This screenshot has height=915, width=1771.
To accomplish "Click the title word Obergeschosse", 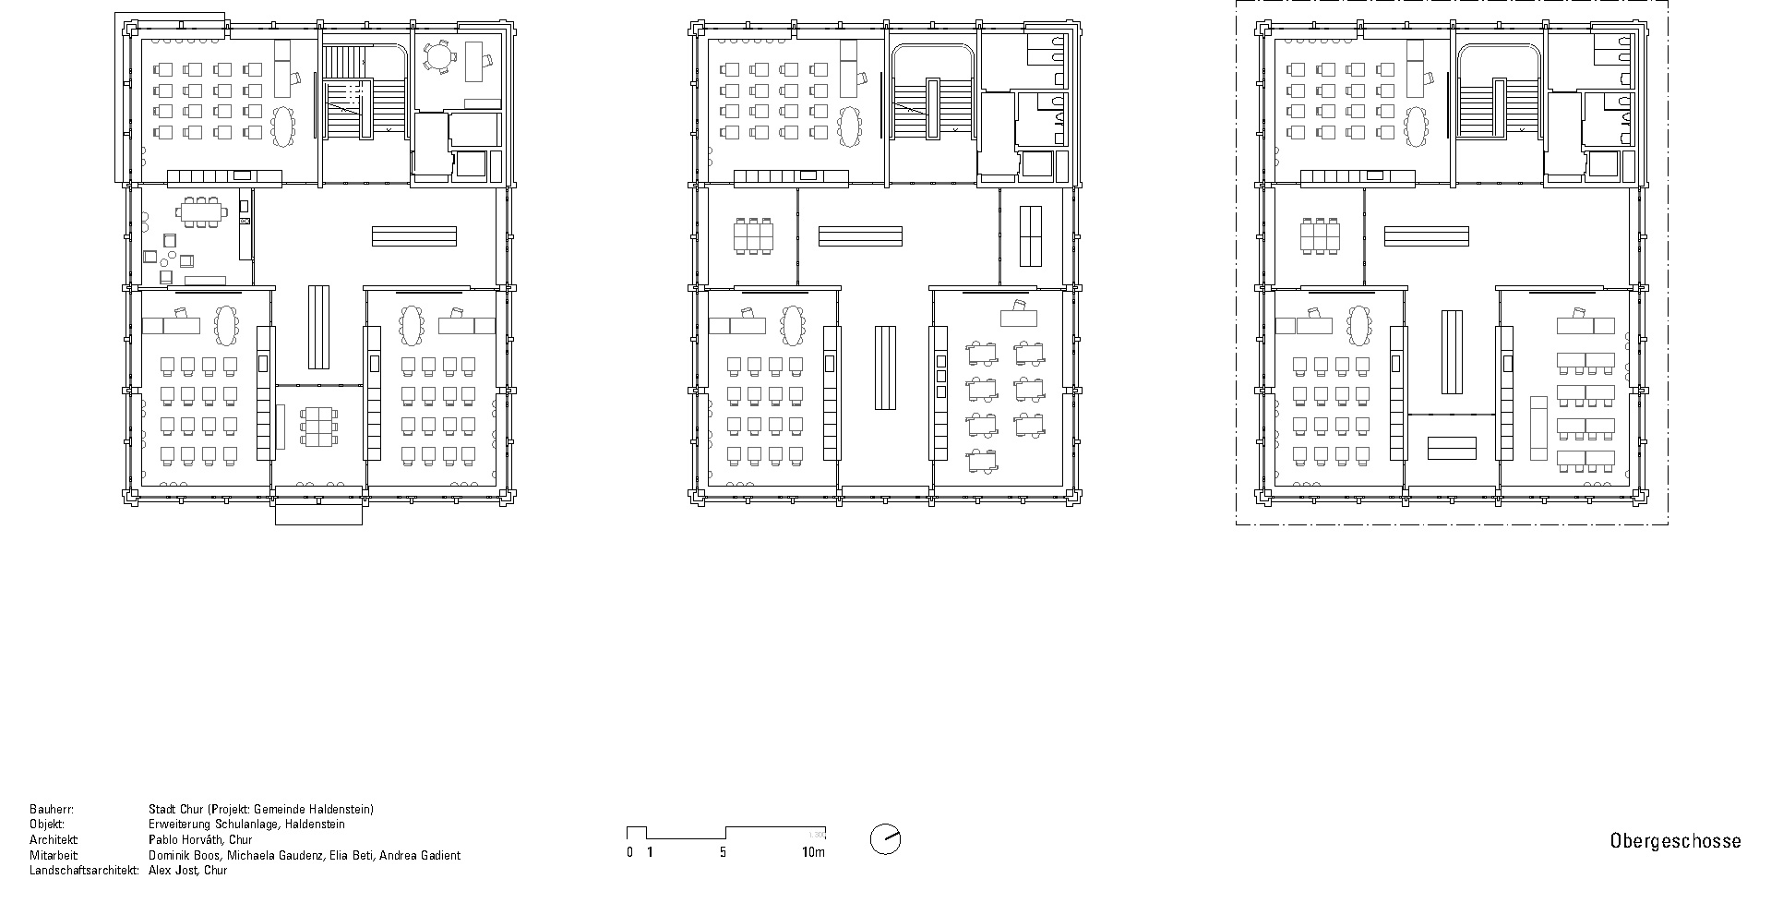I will click(1675, 841).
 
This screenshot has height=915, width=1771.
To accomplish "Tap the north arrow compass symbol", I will click(885, 839).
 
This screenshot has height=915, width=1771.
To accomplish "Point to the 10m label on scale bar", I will click(813, 853).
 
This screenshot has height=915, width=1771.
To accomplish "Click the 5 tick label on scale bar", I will click(723, 853).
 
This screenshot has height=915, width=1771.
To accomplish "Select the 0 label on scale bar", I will click(629, 853).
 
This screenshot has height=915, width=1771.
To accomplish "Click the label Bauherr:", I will click(51, 810).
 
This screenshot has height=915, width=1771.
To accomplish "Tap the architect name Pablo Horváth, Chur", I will click(200, 840).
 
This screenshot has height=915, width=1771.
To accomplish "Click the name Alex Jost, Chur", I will click(187, 871).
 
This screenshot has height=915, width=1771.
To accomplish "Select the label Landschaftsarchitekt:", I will click(84, 871).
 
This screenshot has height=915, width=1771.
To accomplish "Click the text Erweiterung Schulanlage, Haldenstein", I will click(246, 825).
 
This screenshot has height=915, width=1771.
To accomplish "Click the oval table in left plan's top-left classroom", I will click(283, 126).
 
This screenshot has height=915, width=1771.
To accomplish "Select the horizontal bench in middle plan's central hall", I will click(859, 236).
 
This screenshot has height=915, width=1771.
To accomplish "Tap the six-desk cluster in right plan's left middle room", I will click(1321, 235).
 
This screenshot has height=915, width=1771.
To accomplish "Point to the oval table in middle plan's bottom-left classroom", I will click(793, 323).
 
